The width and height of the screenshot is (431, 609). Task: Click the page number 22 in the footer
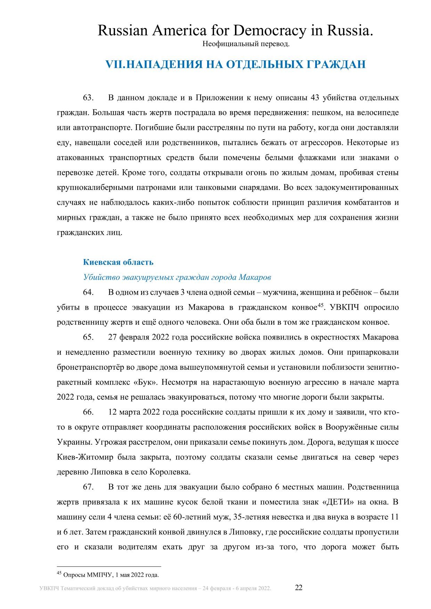(x=299, y=588)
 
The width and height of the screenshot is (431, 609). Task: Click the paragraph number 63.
(x=88, y=98)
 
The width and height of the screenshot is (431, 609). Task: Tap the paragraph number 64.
(x=88, y=292)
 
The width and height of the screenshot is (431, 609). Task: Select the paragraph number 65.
(x=88, y=337)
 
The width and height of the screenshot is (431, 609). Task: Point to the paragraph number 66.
(x=88, y=412)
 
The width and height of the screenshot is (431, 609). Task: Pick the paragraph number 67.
(x=88, y=487)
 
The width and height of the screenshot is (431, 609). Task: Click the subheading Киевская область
(x=118, y=262)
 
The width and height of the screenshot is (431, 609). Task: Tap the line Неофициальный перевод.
(x=245, y=44)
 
